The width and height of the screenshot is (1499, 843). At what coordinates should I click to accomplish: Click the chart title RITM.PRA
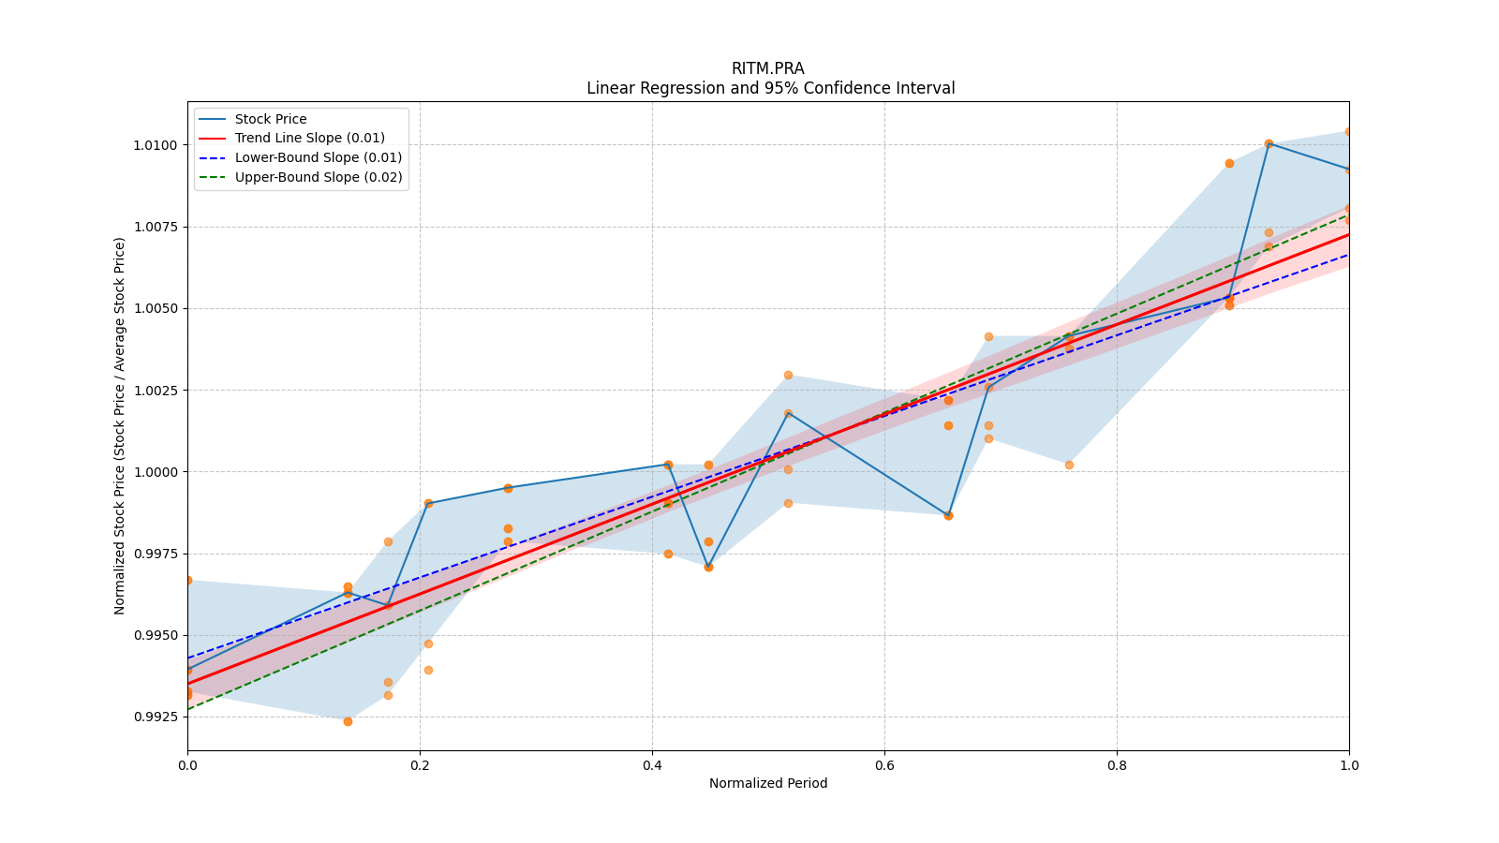767,68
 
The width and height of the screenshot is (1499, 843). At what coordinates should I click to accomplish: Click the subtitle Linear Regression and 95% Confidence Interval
770,88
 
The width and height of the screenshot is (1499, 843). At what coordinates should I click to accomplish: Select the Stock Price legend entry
271,119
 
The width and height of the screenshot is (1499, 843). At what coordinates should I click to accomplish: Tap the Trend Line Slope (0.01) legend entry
309,139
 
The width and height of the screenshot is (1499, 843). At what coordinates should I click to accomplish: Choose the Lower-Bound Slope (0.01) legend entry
318,158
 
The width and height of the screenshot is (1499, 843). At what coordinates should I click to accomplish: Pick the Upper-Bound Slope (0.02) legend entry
318,177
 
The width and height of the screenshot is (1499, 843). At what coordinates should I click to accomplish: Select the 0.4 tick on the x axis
652,765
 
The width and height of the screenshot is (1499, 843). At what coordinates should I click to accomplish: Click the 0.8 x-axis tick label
1117,765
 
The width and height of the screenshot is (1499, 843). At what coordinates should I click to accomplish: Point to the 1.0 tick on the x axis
1349,765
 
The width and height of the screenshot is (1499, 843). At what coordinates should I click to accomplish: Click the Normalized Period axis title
768,783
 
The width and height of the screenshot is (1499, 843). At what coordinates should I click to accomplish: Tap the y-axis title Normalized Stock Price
120,425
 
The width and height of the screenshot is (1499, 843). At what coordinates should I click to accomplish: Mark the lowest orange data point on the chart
348,721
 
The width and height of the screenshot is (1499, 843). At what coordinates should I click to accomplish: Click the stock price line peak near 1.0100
1269,143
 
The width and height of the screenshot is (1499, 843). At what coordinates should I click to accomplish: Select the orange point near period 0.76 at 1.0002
1069,465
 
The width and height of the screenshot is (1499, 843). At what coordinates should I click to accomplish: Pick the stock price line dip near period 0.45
708,567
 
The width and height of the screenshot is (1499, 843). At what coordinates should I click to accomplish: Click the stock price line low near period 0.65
948,515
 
